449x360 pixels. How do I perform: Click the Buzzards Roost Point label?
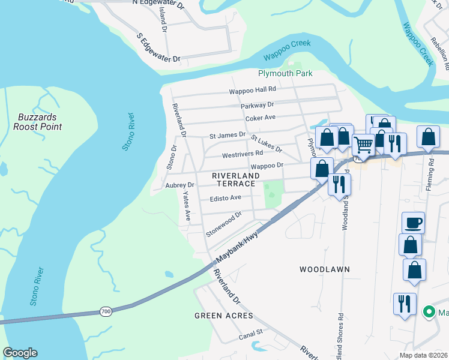37,122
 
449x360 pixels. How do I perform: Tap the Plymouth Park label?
285,74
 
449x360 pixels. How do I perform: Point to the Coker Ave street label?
261,118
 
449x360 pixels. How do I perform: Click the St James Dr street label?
228,136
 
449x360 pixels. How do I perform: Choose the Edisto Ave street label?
226,197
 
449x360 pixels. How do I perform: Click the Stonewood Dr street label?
223,223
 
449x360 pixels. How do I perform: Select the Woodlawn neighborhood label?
324,270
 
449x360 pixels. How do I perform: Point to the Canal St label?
252,332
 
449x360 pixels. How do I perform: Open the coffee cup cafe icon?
413,223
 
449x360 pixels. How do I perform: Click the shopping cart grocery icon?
363,145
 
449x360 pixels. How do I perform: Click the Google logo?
20,353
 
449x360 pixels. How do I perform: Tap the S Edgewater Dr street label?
158,48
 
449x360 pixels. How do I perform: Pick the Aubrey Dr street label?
180,185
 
